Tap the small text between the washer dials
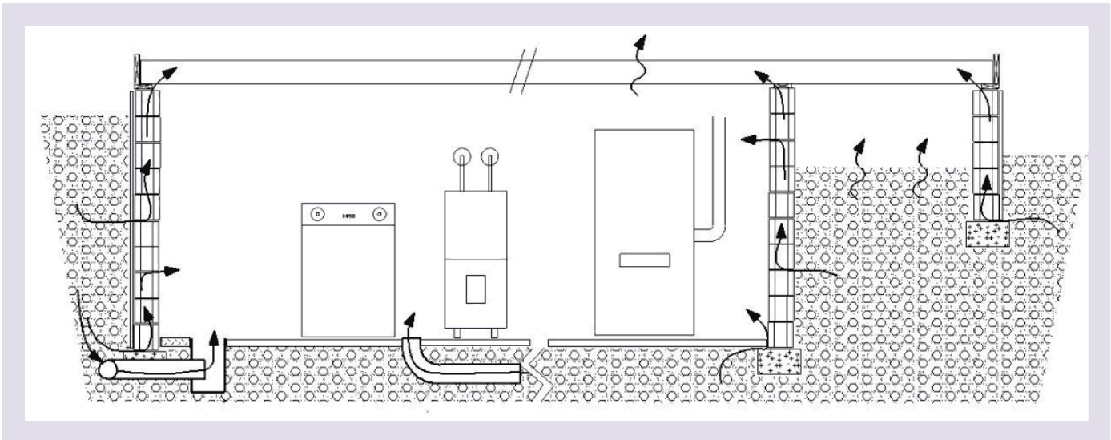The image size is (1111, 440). click(x=348, y=215)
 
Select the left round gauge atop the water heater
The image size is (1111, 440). click(x=461, y=158)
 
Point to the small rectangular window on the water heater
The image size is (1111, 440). click(x=475, y=289)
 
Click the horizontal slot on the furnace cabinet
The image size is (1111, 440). click(x=643, y=260)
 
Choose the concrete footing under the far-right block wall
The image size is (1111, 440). click(x=990, y=233)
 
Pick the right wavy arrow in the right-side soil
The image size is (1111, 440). click(x=921, y=168)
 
